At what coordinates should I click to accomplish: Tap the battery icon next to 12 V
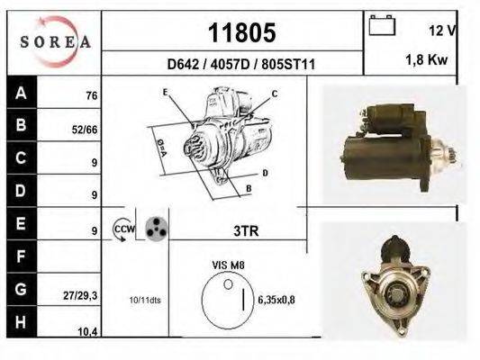click(383, 26)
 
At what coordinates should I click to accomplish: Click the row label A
click(20, 93)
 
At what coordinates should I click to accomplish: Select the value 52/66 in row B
click(85, 130)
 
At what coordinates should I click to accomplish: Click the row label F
click(20, 258)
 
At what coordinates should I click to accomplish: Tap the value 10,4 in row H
click(86, 332)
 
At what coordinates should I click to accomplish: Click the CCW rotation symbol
click(122, 230)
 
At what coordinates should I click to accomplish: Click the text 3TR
click(246, 230)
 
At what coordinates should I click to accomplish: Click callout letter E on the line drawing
click(166, 93)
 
